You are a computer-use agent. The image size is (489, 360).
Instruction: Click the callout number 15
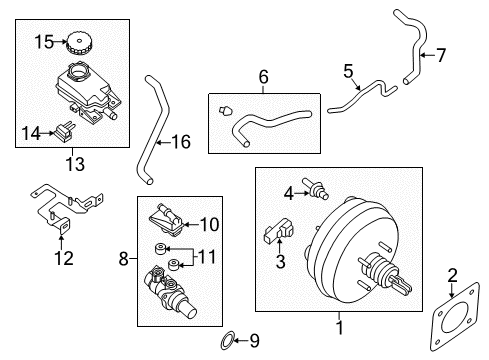coord(41,42)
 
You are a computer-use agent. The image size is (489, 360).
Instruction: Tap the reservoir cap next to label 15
coord(76,45)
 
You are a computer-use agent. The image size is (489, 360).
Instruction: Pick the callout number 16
coord(180,142)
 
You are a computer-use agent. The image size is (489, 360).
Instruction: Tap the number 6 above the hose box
coord(264,76)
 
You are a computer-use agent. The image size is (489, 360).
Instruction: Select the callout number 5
coord(349,71)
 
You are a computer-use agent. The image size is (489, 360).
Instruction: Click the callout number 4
coord(288,193)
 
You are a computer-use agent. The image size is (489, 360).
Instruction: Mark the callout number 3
coord(281,262)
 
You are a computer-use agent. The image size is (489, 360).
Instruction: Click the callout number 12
coord(63,260)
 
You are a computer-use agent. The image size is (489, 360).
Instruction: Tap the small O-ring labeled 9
coord(227,339)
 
